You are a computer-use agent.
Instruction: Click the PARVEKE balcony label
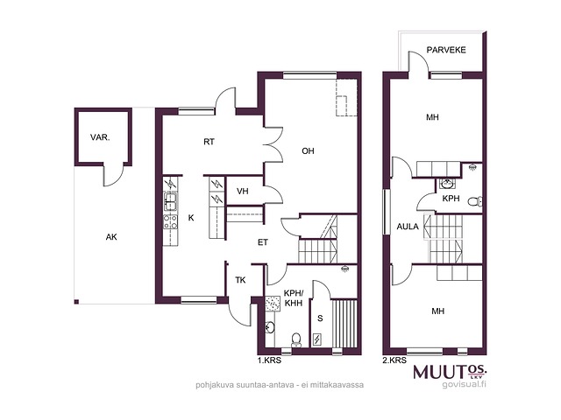446,50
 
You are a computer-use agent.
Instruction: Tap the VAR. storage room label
100,137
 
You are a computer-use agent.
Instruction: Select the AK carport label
111,237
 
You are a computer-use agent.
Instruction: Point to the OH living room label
308,151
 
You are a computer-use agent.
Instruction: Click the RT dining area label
209,142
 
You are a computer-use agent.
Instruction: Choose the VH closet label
243,192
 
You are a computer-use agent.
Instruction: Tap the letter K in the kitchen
191,218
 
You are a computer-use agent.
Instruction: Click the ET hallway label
263,242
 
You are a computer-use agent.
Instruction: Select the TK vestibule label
240,280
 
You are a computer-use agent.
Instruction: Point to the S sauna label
320,318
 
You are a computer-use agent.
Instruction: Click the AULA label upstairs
408,227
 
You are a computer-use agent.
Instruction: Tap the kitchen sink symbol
170,201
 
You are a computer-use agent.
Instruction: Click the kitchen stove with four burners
170,221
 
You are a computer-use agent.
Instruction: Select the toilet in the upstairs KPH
475,201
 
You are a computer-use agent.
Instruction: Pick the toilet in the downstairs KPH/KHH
296,339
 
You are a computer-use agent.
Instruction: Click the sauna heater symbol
317,339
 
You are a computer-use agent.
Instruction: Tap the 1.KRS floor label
269,360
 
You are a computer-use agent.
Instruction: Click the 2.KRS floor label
394,360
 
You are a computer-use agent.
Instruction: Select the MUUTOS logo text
450,372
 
